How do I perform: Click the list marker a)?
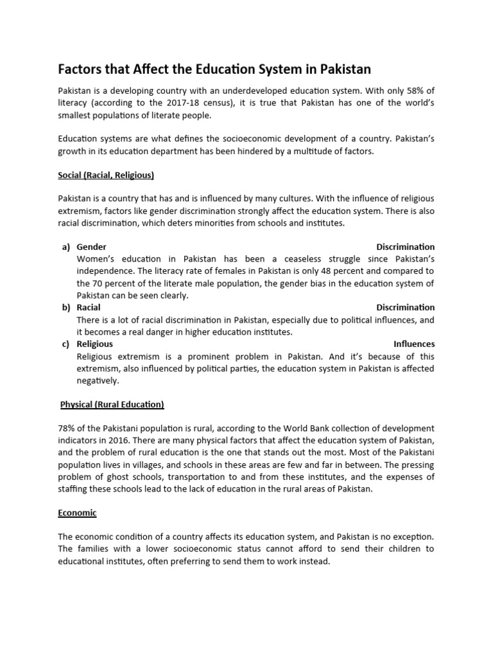66,247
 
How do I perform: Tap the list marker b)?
66,307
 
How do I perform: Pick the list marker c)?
66,344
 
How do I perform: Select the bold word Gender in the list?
91,247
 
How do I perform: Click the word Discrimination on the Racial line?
405,307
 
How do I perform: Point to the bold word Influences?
414,344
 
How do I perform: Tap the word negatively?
98,380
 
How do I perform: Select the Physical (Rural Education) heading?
112,404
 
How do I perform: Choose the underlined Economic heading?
77,513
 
